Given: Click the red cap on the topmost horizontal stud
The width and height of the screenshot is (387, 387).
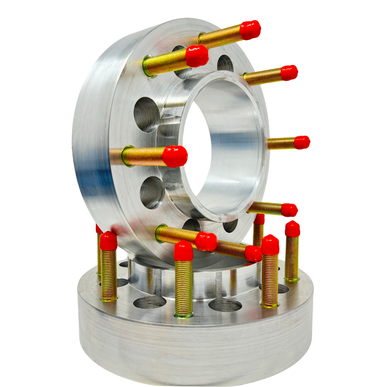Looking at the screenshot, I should (x=250, y=30).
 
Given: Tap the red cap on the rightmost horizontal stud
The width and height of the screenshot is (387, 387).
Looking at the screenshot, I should (x=302, y=142).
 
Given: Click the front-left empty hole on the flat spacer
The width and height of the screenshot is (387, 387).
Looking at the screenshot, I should (x=149, y=302).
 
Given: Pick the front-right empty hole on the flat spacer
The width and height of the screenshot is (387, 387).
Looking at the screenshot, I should (x=225, y=305).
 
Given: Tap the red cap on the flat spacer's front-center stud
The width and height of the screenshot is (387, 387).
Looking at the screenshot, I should (x=183, y=251).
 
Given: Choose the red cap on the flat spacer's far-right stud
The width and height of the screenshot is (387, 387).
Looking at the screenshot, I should (x=292, y=229).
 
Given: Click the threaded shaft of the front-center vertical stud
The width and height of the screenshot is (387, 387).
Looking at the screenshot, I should (x=184, y=287).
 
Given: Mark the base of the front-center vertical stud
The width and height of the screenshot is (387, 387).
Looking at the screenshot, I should (x=183, y=315).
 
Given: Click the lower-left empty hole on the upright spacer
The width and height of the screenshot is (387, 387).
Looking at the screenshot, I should (x=152, y=192).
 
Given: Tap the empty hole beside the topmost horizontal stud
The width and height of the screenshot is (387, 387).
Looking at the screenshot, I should (x=225, y=64).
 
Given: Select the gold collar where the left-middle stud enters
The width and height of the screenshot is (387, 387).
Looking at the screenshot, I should (x=127, y=156).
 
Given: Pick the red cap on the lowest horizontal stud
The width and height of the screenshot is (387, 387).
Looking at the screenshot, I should (x=253, y=254).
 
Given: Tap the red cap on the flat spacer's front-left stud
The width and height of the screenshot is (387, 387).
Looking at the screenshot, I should (x=108, y=241).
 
